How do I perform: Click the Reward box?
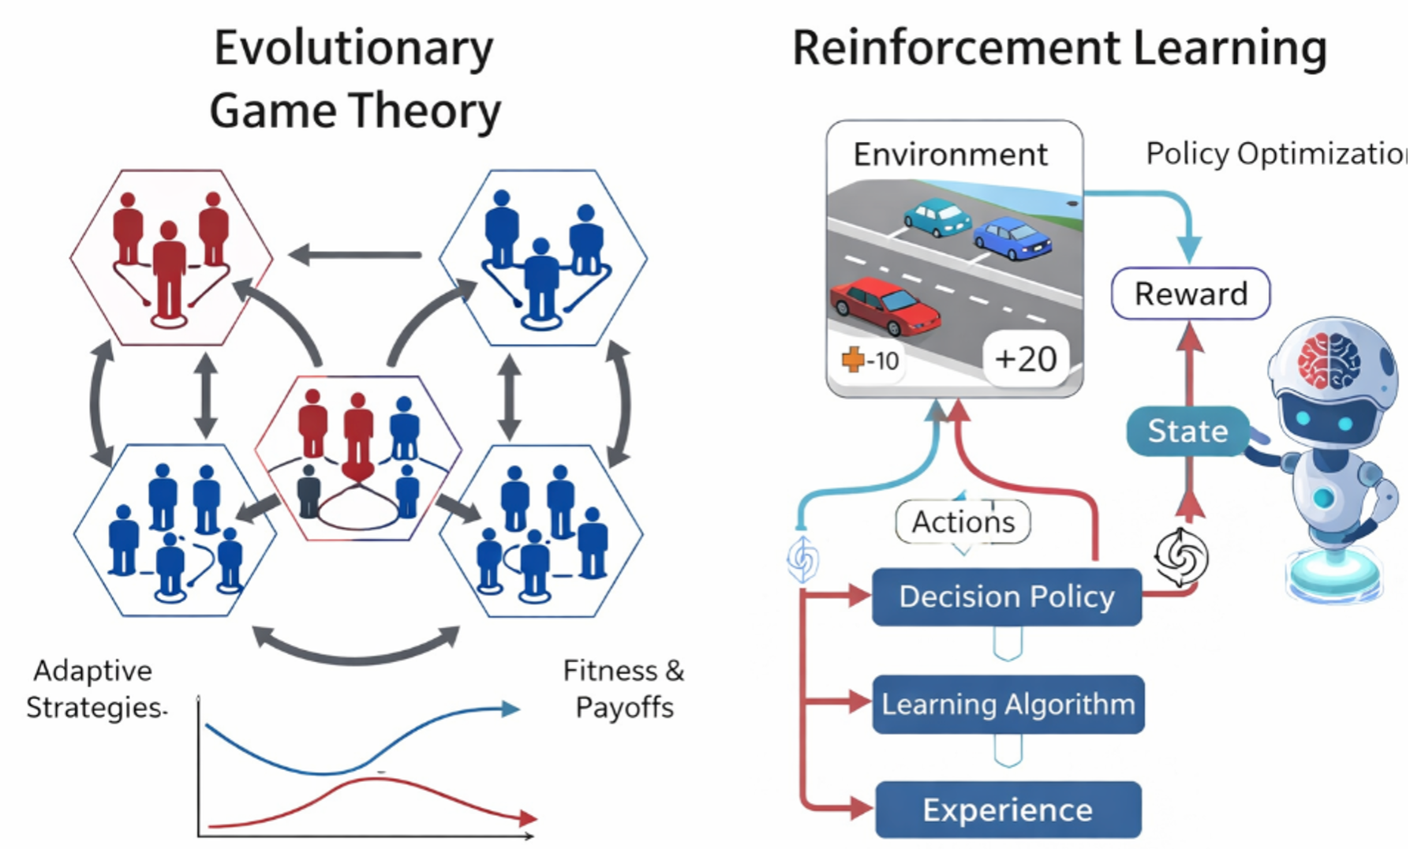(1191, 294)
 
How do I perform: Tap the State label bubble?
(1188, 431)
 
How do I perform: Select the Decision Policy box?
(1007, 597)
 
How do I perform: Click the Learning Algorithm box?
(1008, 704)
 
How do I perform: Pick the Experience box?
(1008, 810)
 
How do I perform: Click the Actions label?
(963, 522)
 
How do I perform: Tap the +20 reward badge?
(1026, 359)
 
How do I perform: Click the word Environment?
(951, 154)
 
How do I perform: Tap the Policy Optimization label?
(1276, 154)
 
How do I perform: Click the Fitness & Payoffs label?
(624, 689)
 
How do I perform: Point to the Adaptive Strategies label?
(95, 689)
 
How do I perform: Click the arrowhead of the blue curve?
(511, 709)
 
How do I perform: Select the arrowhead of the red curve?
(528, 818)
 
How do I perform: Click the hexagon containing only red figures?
(171, 257)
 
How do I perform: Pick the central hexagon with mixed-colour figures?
(357, 458)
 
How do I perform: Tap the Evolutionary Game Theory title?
(354, 79)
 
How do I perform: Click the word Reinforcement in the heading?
(956, 48)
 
